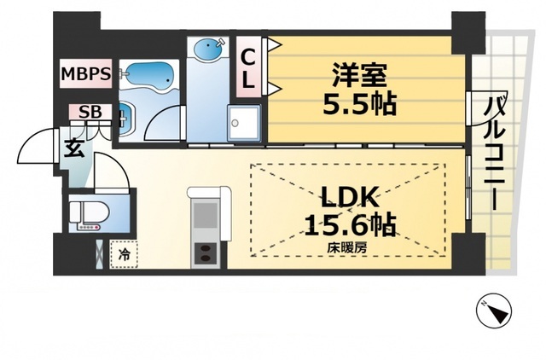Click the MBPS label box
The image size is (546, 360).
click(85, 74)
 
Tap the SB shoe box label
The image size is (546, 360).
click(88, 112)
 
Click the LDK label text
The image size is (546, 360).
click(348, 196)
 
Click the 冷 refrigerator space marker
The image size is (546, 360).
click(125, 254)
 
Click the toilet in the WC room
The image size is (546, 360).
click(88, 213)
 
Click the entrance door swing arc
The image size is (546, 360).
click(32, 146)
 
